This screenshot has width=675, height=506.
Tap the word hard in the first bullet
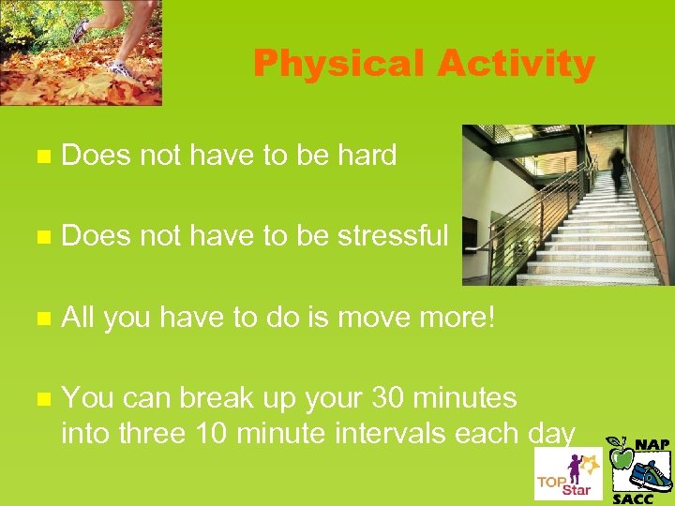click(x=364, y=155)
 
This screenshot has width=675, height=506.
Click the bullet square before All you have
click(x=38, y=318)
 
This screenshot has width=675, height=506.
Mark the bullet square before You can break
click(x=38, y=399)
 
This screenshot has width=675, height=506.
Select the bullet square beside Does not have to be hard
click(x=38, y=156)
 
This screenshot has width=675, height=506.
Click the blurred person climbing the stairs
click(x=617, y=166)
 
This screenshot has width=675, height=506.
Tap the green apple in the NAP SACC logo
click(x=620, y=457)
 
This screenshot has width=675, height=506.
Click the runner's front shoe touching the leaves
click(x=120, y=68)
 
